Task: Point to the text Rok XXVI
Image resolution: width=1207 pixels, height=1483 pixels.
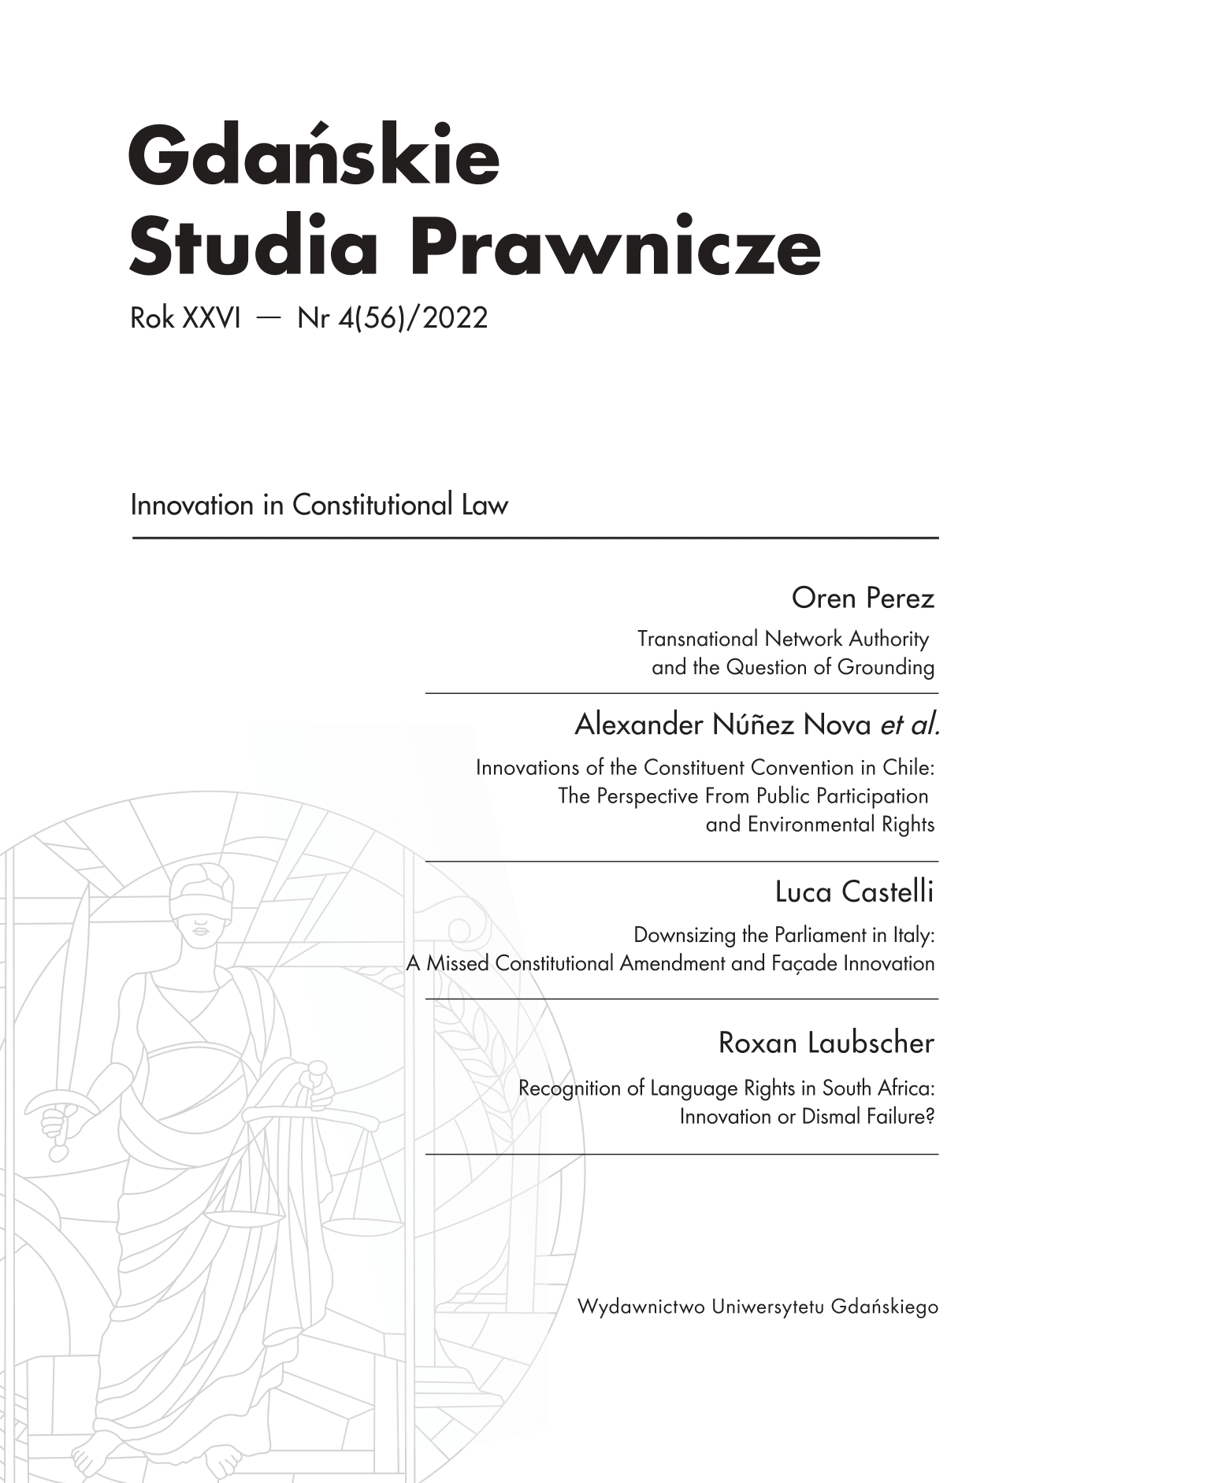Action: pos(185,318)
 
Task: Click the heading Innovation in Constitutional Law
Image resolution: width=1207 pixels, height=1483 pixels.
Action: pos(319,505)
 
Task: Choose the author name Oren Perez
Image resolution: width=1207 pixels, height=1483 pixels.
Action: pos(862,599)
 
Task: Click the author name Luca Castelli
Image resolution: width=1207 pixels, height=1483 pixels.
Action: pos(854,892)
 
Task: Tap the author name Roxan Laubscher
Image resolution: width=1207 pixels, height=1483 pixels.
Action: pos(826,1044)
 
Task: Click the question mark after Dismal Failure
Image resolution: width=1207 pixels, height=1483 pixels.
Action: pos(930,1117)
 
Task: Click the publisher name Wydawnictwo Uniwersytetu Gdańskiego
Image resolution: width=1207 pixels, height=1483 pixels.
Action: pos(757,1307)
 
